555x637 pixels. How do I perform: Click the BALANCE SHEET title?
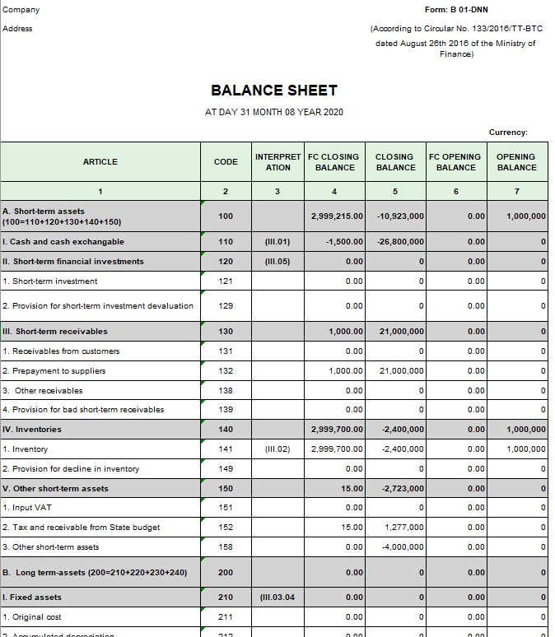pyautogui.click(x=274, y=91)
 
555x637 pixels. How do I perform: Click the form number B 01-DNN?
pyautogui.click(x=456, y=9)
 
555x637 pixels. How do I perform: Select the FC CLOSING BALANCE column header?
pyautogui.click(x=334, y=162)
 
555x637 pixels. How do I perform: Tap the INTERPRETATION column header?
pyautogui.click(x=277, y=162)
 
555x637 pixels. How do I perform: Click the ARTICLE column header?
pyautogui.click(x=100, y=162)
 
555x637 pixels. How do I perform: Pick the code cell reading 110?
pyautogui.click(x=226, y=242)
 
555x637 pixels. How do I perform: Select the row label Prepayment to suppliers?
pyautogui.click(x=54, y=371)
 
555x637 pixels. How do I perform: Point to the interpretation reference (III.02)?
pyautogui.click(x=277, y=449)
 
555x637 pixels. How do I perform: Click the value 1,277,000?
pyautogui.click(x=404, y=528)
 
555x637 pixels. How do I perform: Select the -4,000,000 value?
pyautogui.click(x=403, y=547)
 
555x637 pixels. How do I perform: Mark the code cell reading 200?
pyautogui.click(x=226, y=573)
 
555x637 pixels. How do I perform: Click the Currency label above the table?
pyautogui.click(x=508, y=132)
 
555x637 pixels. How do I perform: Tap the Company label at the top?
pyautogui.click(x=21, y=10)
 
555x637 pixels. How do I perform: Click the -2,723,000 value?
pyautogui.click(x=403, y=489)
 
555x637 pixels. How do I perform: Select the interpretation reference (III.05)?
pyautogui.click(x=277, y=262)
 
